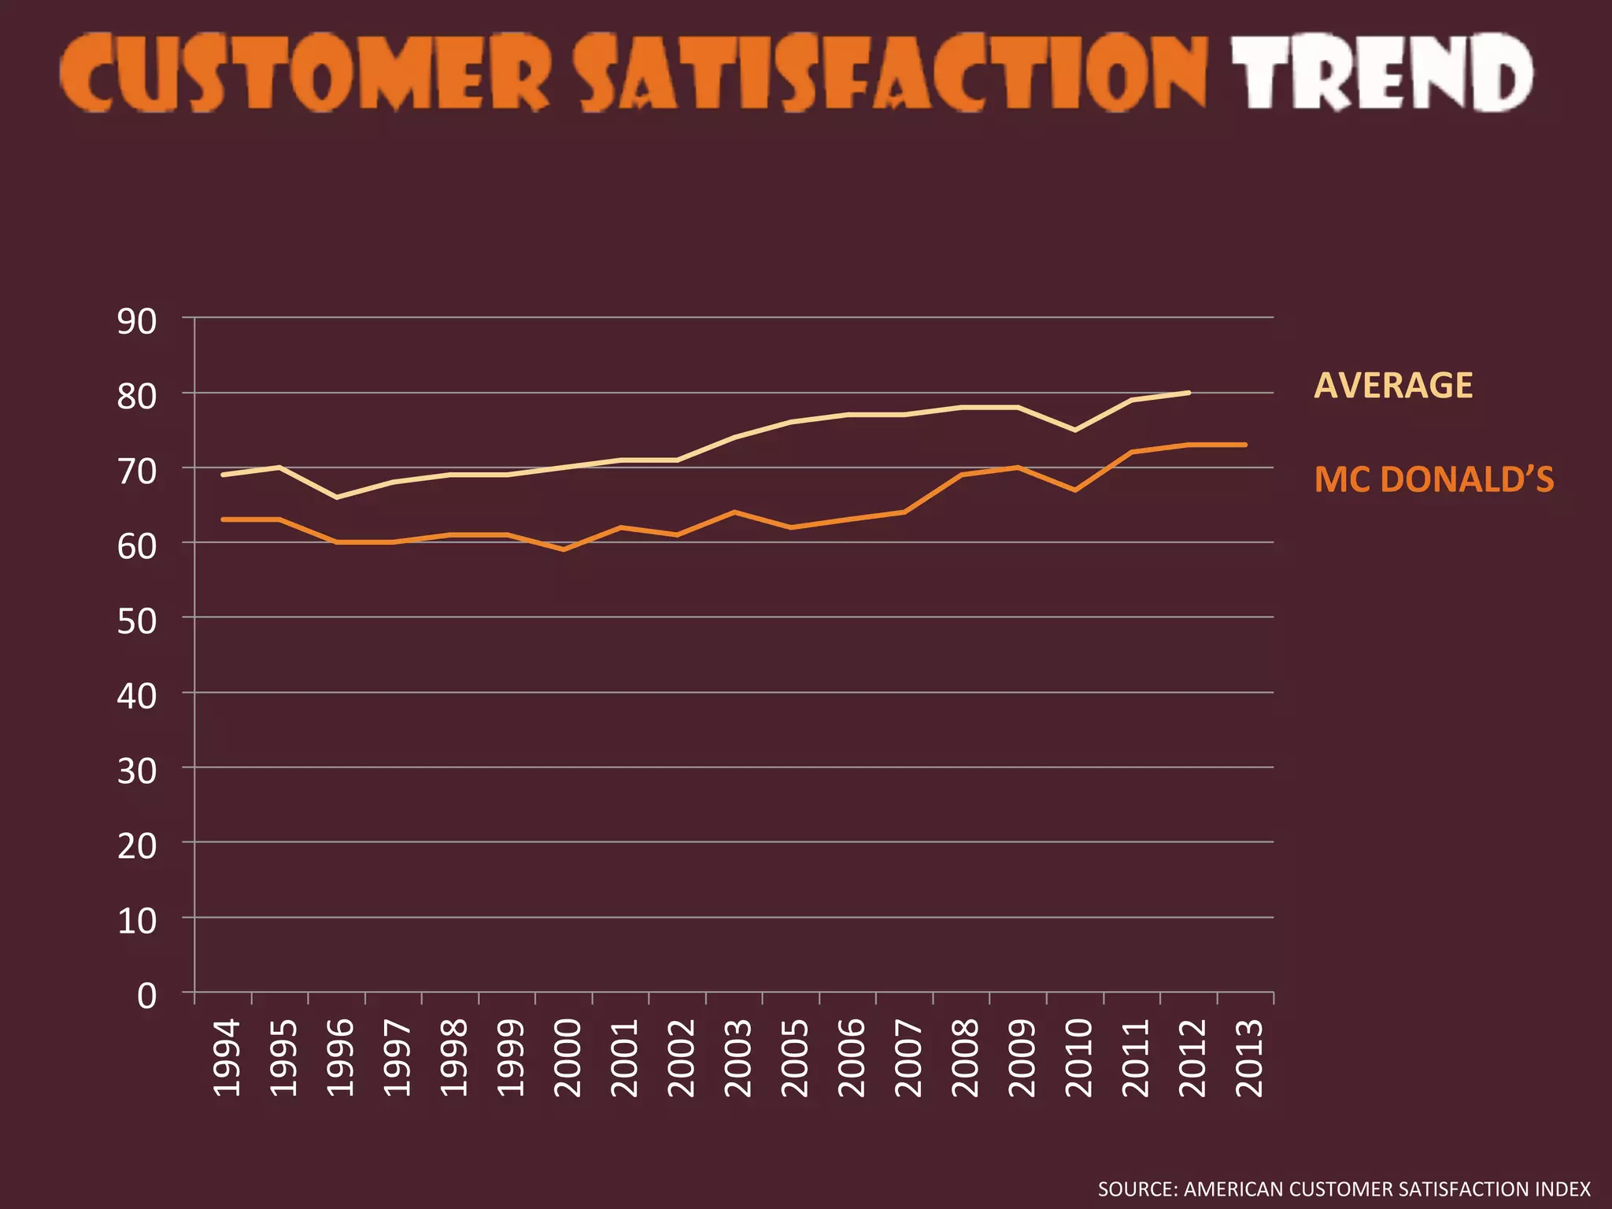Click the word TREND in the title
(x=1381, y=72)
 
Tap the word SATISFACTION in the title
(x=889, y=72)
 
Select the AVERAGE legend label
(x=1393, y=386)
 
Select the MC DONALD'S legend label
(x=1434, y=480)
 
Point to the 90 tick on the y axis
(x=137, y=322)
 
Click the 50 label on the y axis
(x=137, y=622)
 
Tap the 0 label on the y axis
(x=147, y=996)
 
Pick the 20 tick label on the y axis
(x=137, y=846)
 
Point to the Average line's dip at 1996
(x=337, y=497)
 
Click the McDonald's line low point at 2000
(x=564, y=549)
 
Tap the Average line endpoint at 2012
(x=1188, y=393)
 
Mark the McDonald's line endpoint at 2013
(x=1244, y=445)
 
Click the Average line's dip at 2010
(x=1075, y=430)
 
